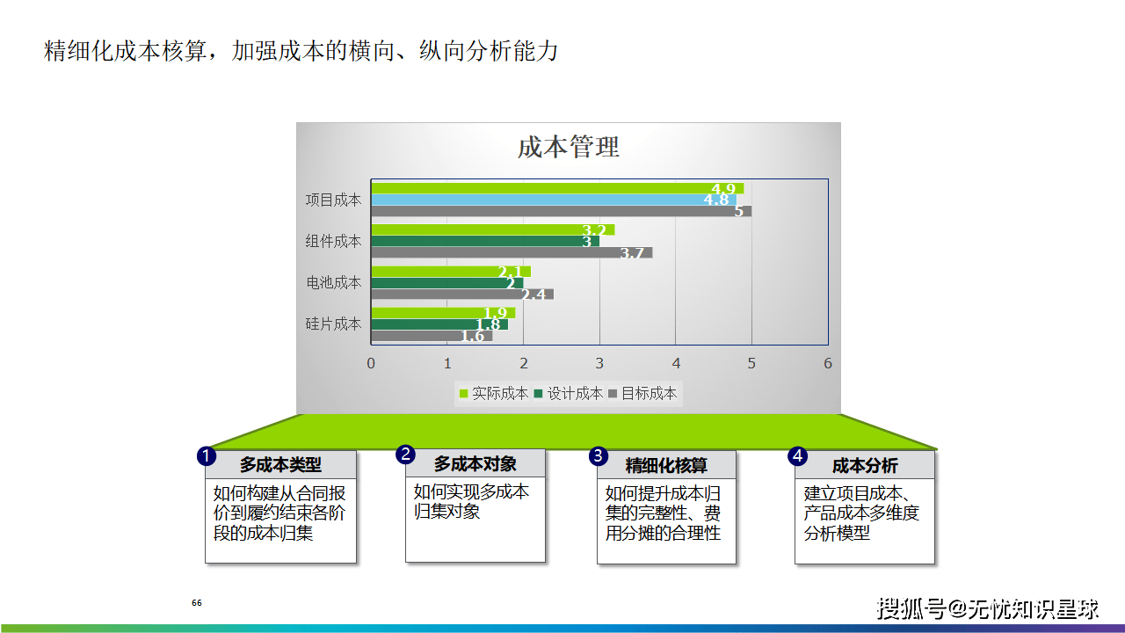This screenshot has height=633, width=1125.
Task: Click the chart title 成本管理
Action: click(568, 147)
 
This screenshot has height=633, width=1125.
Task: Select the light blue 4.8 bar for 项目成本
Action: click(554, 200)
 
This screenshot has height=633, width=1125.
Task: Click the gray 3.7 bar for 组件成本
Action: click(512, 252)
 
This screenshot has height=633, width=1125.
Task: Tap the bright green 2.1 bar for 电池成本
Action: click(451, 272)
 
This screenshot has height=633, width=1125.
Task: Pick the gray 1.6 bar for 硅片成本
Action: click(432, 336)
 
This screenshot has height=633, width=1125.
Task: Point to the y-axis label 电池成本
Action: click(333, 283)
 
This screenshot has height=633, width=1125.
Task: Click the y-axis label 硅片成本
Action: click(333, 324)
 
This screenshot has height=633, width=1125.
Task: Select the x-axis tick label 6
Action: click(828, 363)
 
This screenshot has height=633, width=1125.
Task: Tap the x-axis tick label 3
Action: click(599, 363)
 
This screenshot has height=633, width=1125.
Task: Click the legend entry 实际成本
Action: click(494, 393)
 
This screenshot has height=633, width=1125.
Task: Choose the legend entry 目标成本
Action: click(642, 393)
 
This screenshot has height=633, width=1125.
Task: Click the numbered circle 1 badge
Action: click(207, 456)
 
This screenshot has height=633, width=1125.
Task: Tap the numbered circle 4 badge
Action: click(797, 456)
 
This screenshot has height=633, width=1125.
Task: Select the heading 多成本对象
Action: click(475, 463)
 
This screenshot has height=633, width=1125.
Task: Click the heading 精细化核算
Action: click(666, 466)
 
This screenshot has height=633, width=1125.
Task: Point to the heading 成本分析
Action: click(865, 466)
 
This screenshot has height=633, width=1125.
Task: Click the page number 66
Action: click(197, 603)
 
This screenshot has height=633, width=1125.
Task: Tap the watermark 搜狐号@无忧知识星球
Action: click(987, 609)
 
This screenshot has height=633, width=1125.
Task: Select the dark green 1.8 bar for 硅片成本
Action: click(439, 324)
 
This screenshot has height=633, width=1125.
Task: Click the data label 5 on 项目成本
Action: click(738, 212)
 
